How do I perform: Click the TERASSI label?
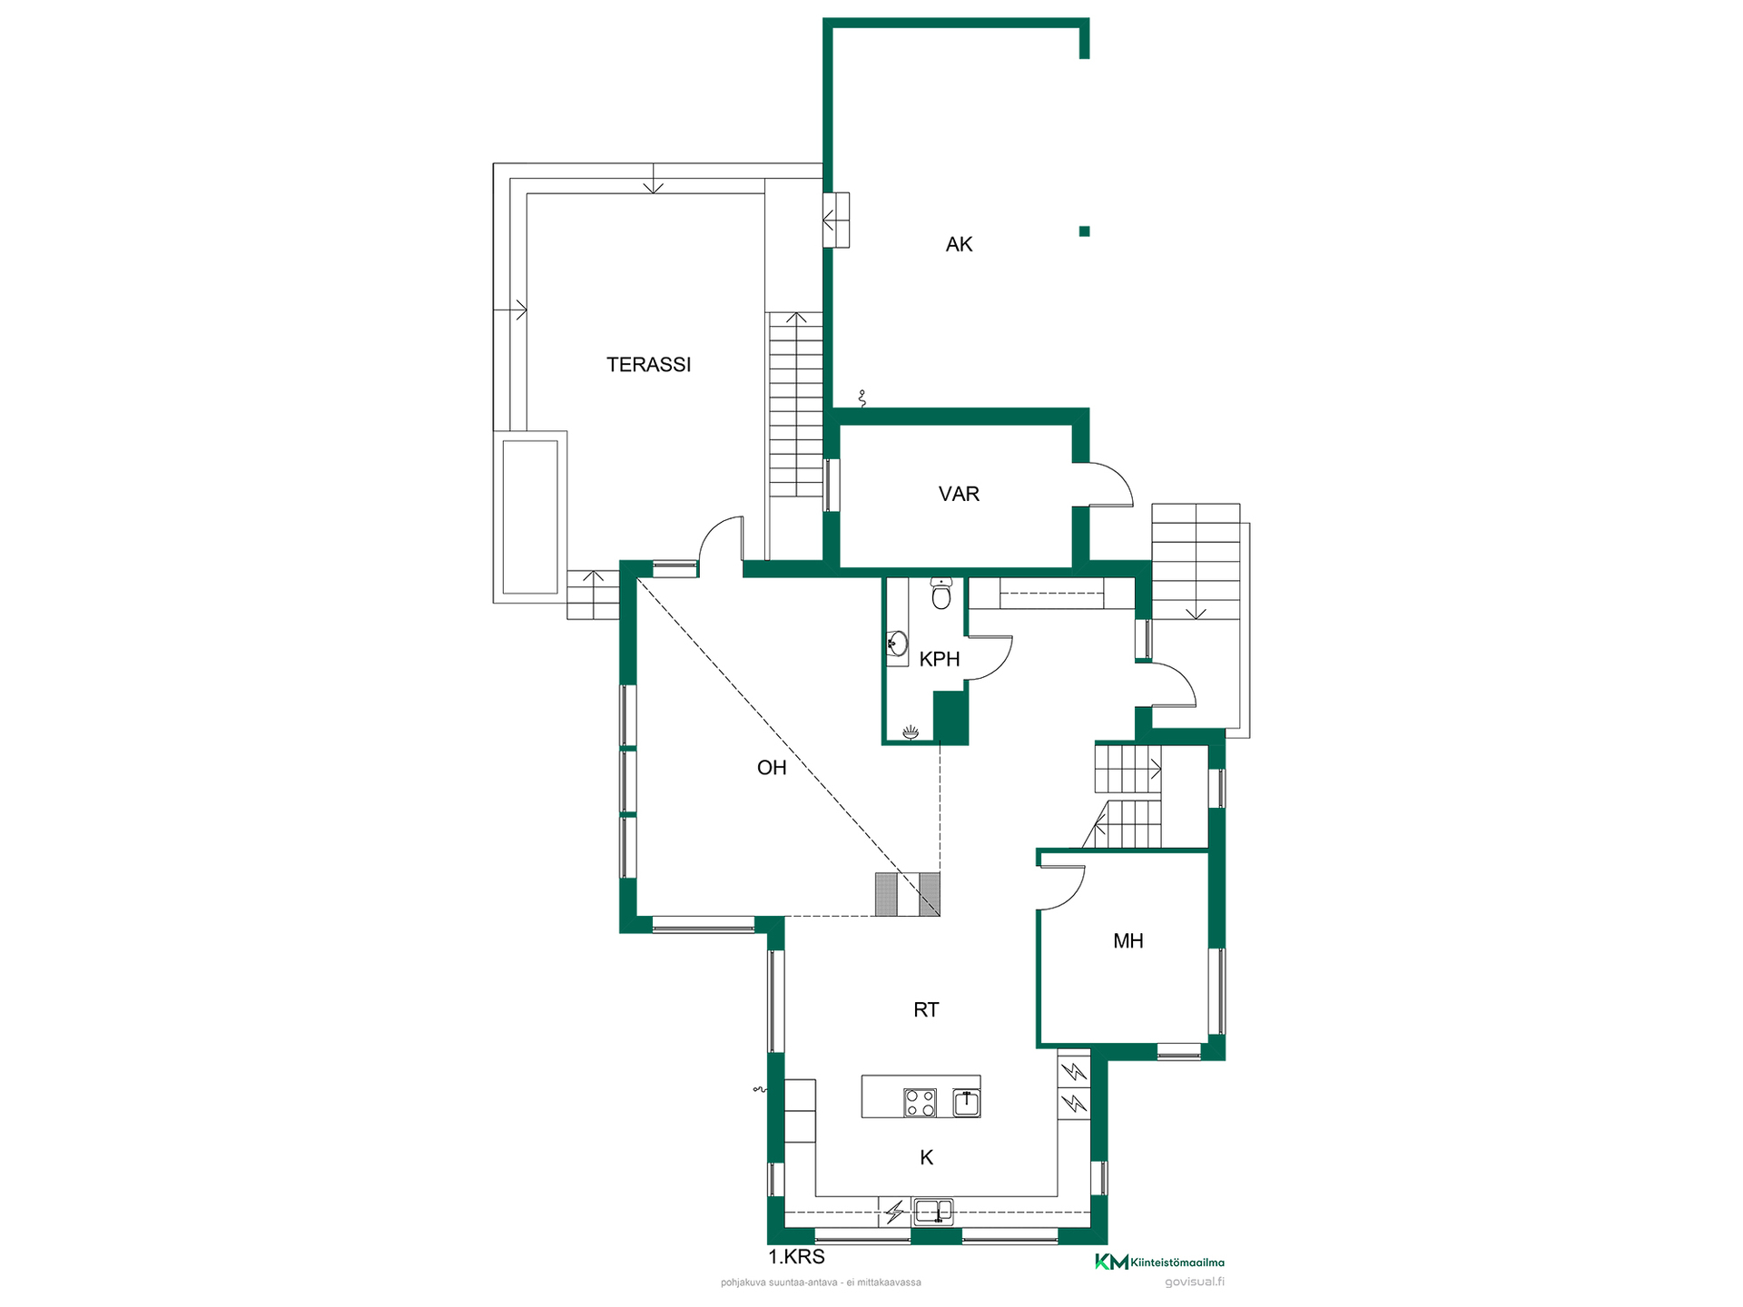click(648, 365)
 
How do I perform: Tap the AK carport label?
click(959, 244)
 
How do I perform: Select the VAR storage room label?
click(959, 494)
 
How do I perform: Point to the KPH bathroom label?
click(940, 659)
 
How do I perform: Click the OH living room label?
click(772, 768)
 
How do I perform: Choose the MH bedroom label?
click(1128, 941)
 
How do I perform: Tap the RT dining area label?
click(926, 1010)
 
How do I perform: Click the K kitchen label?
click(927, 1157)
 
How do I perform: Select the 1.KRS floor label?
click(797, 1257)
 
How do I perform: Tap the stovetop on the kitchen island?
click(920, 1103)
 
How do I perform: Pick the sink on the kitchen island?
click(967, 1103)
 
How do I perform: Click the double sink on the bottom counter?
click(933, 1212)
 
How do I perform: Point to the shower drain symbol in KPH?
click(911, 732)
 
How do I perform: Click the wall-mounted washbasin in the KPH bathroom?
click(897, 644)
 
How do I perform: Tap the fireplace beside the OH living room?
click(907, 894)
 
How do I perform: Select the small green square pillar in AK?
click(1084, 231)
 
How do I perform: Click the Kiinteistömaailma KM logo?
click(1159, 1262)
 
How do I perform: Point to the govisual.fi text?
click(1195, 1282)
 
